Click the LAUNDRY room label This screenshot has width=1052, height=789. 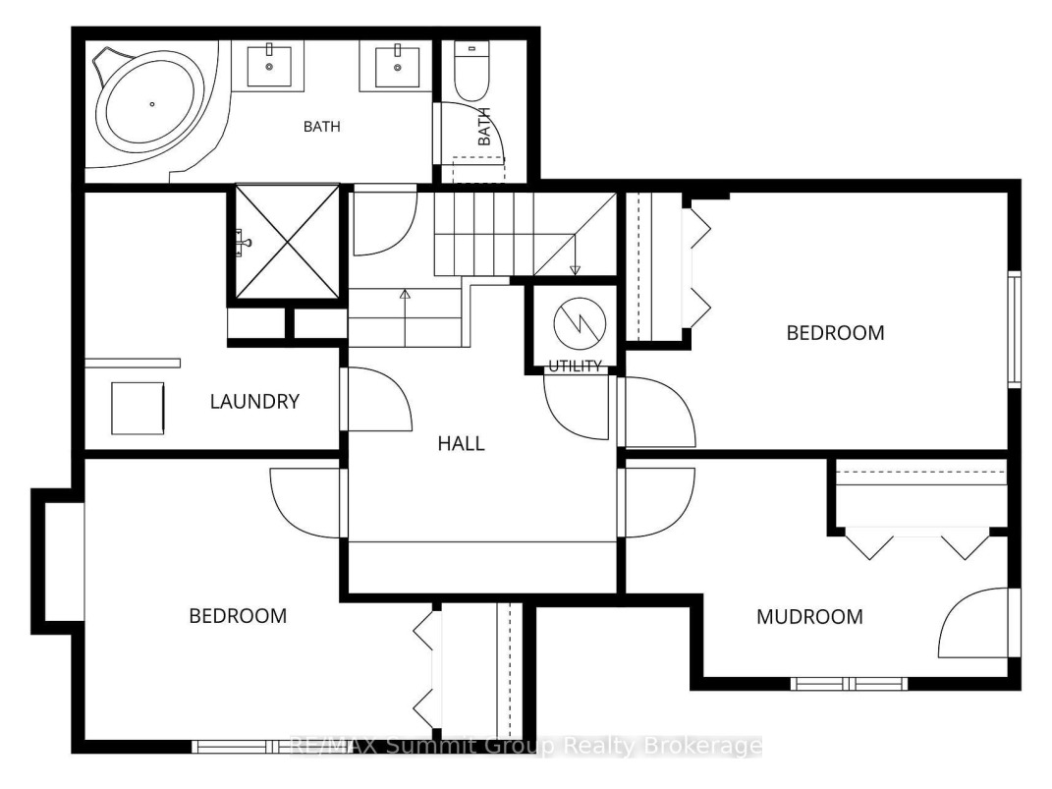click(x=254, y=401)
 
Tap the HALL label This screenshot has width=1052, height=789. click(x=461, y=443)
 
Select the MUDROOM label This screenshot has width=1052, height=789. click(x=809, y=617)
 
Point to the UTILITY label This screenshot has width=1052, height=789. click(x=575, y=366)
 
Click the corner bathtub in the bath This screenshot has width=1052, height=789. click(x=151, y=104)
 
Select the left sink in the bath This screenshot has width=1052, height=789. click(x=269, y=65)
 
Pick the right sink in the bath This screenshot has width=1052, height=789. click(x=397, y=65)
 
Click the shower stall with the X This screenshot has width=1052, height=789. click(x=288, y=241)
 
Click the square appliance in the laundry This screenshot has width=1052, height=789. click(x=138, y=408)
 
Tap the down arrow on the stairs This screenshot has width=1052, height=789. click(x=575, y=254)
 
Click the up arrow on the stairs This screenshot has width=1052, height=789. click(x=405, y=316)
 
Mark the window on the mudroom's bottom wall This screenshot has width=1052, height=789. click(x=849, y=684)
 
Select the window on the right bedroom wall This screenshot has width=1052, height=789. click(x=1015, y=329)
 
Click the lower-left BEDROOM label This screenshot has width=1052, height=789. click(x=238, y=616)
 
